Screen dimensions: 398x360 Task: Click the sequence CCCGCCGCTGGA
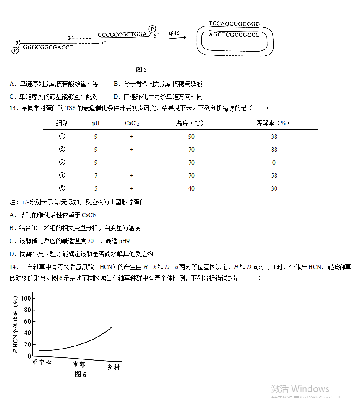[123, 35]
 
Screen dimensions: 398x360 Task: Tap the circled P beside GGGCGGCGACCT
[15, 50]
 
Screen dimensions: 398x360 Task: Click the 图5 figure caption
[141, 69]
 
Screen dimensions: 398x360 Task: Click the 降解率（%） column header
[273, 123]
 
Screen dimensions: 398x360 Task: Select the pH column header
[96, 123]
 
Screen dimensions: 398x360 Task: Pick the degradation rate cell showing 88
[274, 149]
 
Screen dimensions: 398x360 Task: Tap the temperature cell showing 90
[191, 136]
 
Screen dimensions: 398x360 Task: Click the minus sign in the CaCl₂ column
[131, 162]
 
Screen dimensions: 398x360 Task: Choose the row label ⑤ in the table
[62, 188]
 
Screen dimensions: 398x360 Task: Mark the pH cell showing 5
[96, 188]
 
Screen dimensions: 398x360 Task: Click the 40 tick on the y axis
[28, 333]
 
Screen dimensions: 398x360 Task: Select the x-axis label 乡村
[114, 367]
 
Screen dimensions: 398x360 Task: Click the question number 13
[12, 108]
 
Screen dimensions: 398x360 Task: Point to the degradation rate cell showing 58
[274, 175]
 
